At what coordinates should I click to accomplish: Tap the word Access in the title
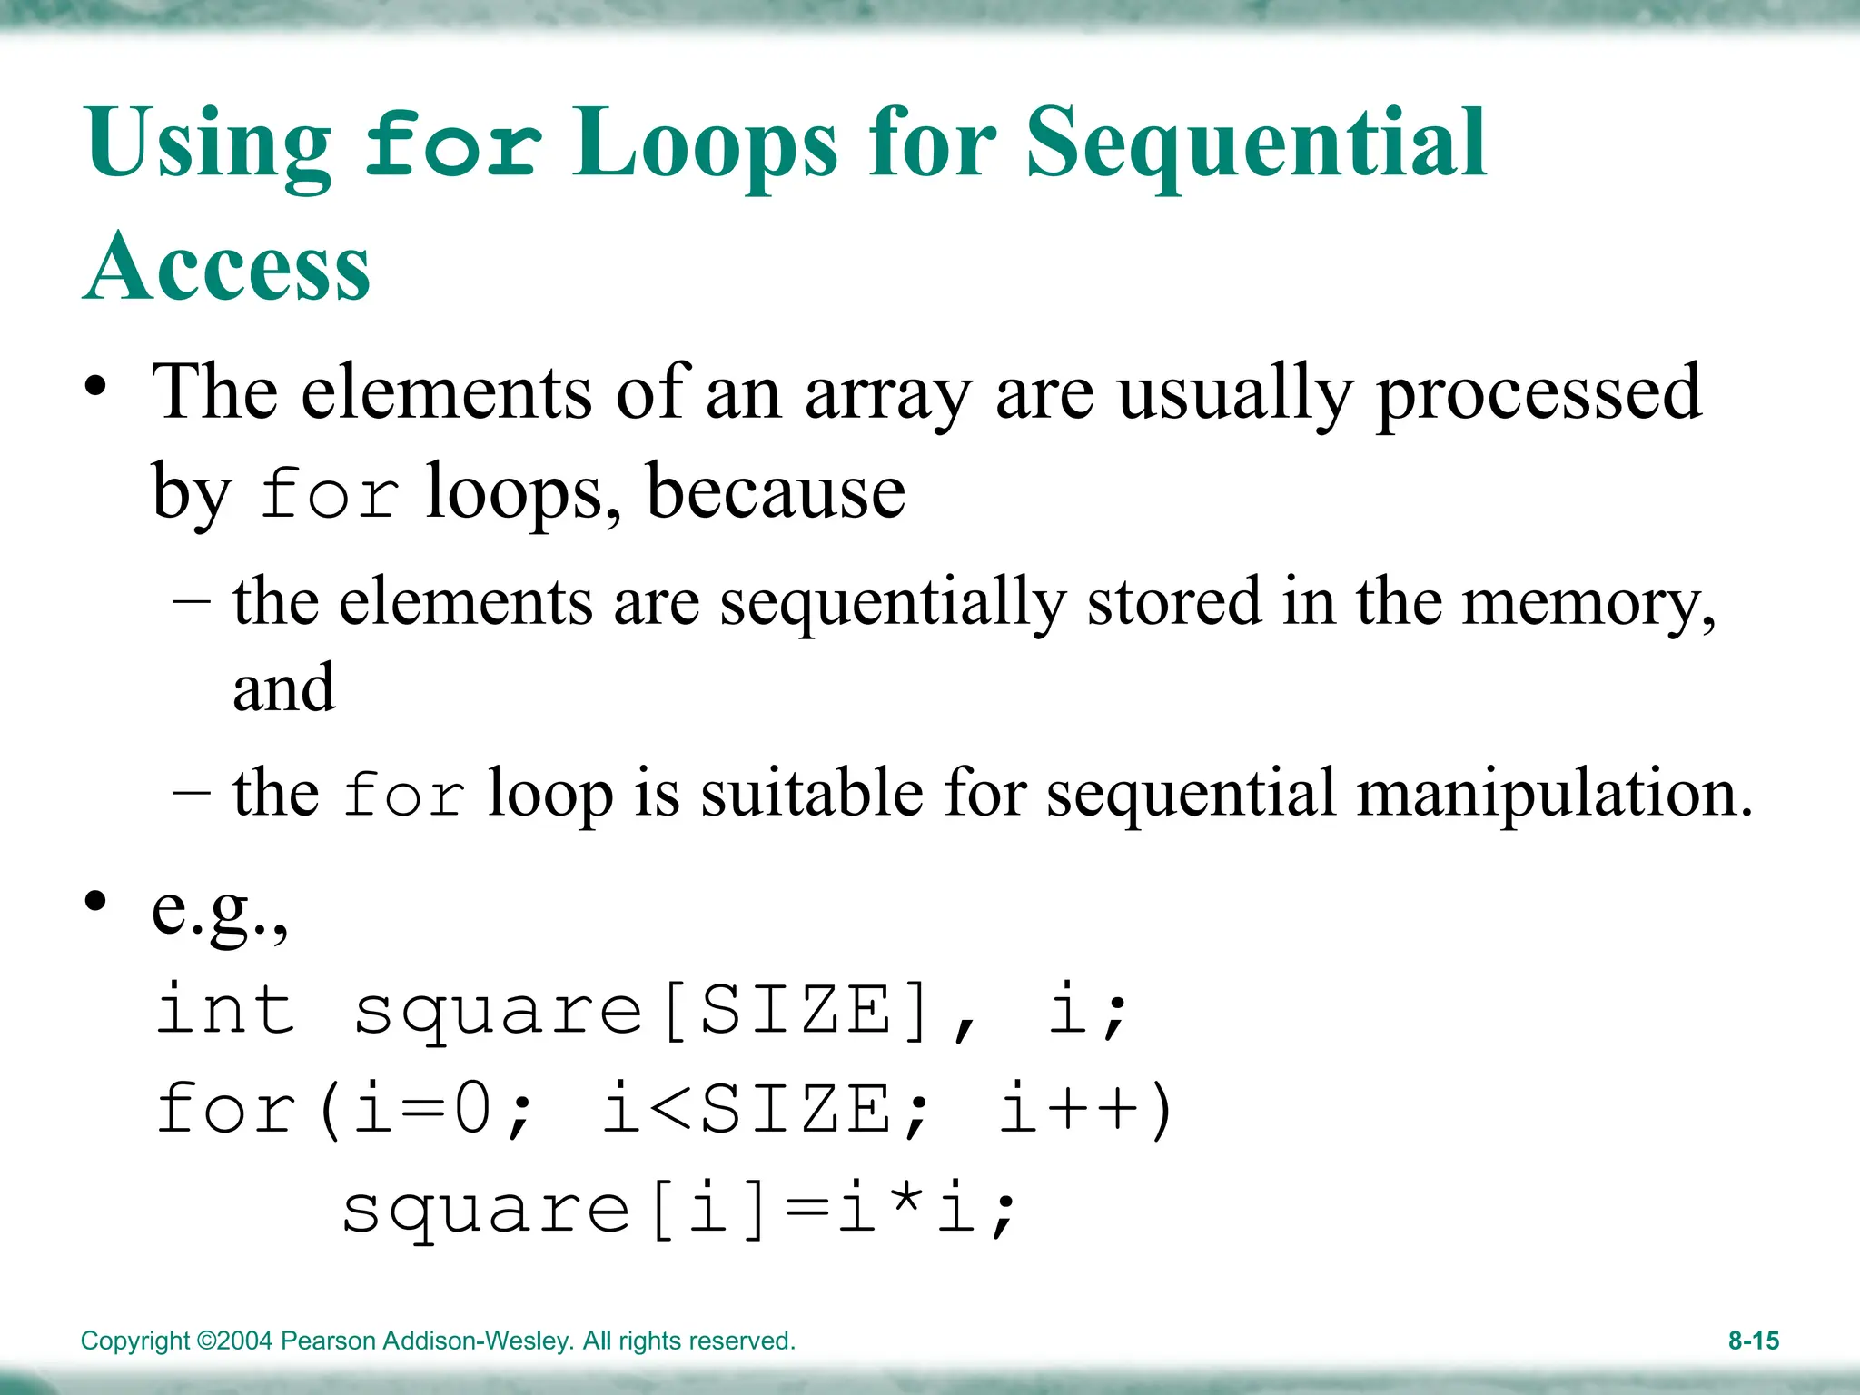tap(227, 268)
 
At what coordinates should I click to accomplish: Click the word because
tap(776, 493)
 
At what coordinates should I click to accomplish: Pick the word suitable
tap(812, 793)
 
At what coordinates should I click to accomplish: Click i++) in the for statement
tap(1086, 1109)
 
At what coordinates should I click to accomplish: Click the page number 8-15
tap(1753, 1341)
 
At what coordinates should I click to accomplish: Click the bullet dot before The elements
tap(96, 387)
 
